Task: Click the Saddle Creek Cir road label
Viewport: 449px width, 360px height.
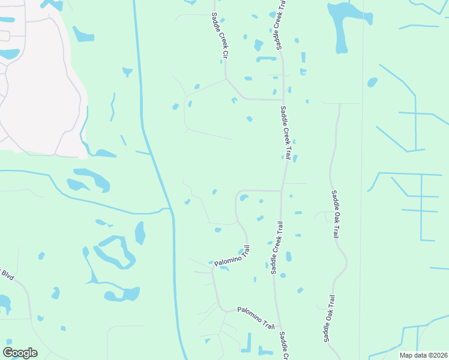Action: tap(220, 36)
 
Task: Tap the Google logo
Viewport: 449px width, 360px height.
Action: tap(20, 352)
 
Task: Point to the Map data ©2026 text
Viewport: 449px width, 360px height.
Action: tap(423, 355)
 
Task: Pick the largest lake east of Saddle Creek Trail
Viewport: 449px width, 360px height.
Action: tap(341, 24)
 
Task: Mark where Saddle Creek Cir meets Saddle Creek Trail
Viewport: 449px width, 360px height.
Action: tap(282, 100)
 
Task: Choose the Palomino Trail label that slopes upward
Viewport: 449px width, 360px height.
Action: tap(231, 256)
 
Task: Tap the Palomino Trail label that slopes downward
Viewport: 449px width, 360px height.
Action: tap(256, 317)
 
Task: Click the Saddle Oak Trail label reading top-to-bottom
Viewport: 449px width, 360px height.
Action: tap(335, 214)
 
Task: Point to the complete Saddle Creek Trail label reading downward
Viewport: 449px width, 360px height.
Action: tap(286, 133)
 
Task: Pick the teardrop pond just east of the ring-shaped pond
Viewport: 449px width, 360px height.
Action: tap(140, 233)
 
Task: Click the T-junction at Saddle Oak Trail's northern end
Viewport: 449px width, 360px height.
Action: tap(339, 103)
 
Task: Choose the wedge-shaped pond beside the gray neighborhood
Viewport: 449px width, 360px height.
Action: tap(83, 34)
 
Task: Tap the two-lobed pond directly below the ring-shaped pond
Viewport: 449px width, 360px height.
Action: tap(122, 295)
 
